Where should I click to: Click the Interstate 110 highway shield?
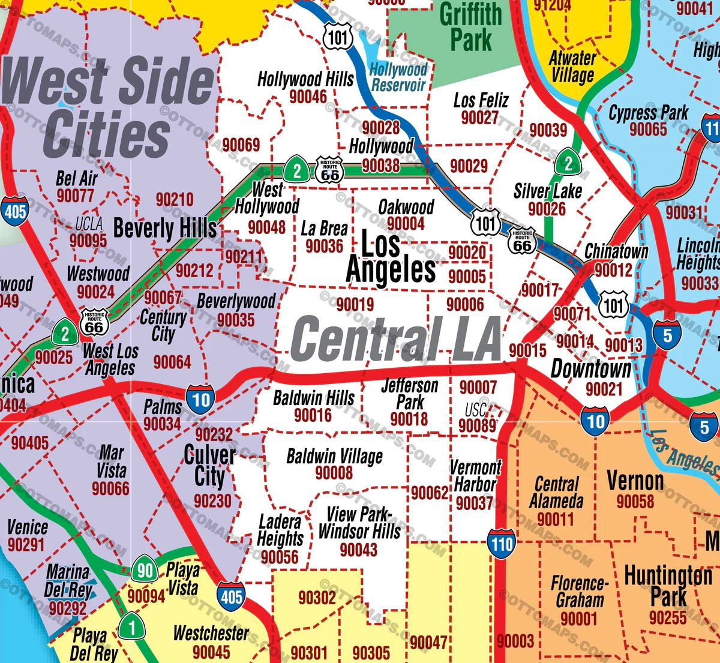point(502,544)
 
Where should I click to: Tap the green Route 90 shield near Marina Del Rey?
point(145,570)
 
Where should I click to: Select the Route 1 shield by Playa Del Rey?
point(131,628)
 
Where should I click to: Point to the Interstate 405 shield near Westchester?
point(232,596)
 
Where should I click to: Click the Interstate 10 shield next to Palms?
point(200,400)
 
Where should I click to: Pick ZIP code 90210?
point(175,200)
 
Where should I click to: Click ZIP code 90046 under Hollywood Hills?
point(308,97)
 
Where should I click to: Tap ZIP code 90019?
point(355,305)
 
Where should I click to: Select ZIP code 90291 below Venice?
point(26,545)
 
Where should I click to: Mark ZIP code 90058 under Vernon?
point(635,501)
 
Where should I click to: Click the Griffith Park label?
point(471,27)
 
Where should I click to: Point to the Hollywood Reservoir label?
point(398,77)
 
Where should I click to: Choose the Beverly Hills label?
point(165,229)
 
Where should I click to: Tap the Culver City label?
point(209,466)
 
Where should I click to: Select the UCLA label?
point(89,224)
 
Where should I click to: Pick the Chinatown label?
point(616,251)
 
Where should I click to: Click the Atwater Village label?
point(572,67)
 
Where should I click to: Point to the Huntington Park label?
point(668,586)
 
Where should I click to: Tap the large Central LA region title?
point(396,339)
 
